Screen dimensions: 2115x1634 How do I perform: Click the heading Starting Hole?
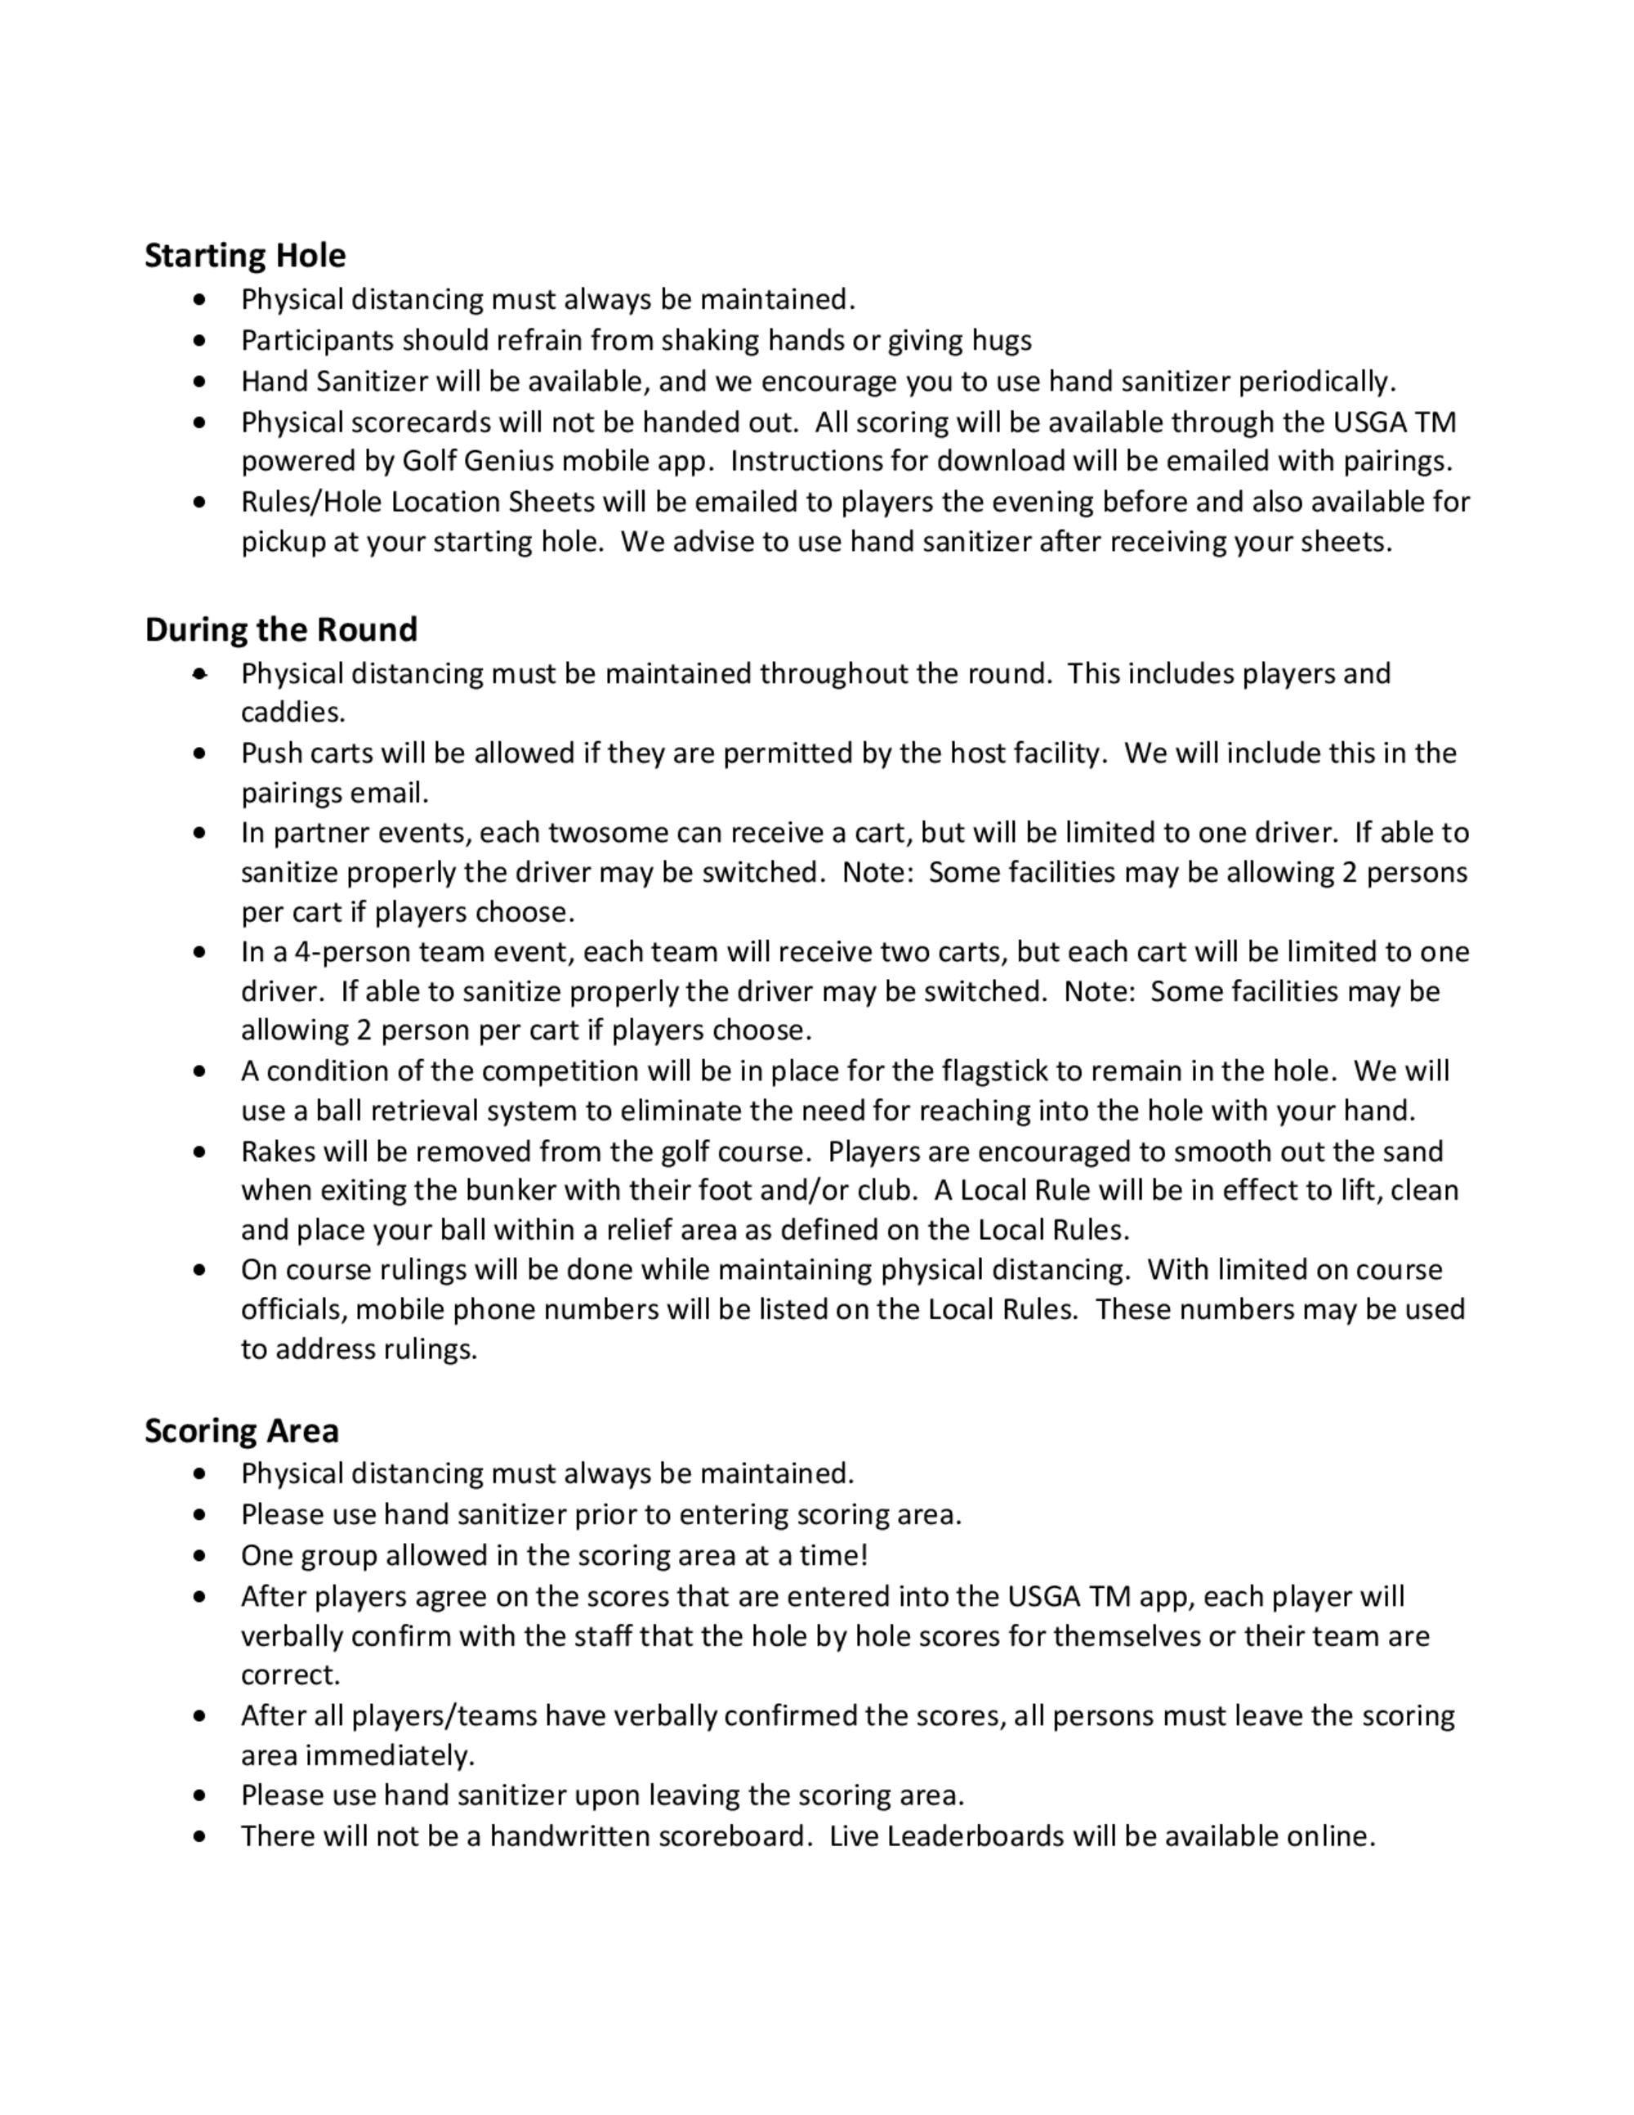pyautogui.click(x=245, y=256)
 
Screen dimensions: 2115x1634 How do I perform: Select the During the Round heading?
pyautogui.click(x=281, y=629)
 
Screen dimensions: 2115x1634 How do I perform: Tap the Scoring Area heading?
pyautogui.click(x=241, y=1430)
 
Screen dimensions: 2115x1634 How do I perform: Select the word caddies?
pyautogui.click(x=292, y=713)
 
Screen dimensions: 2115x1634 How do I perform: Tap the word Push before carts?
pyautogui.click(x=272, y=753)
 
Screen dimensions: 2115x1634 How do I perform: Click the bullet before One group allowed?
pyautogui.click(x=199, y=1556)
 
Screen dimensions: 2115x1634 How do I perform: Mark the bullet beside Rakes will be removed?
pyautogui.click(x=199, y=1152)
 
